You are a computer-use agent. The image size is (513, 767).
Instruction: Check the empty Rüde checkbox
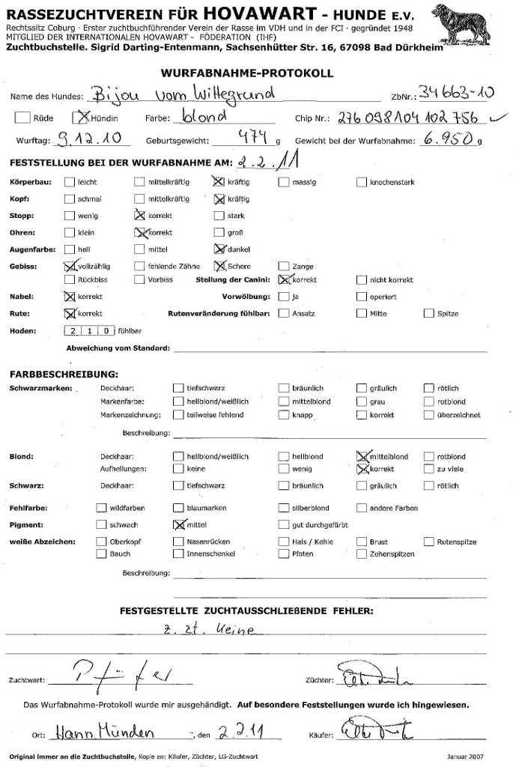click(x=22, y=118)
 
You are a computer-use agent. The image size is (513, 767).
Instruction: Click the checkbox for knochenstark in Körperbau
click(x=362, y=182)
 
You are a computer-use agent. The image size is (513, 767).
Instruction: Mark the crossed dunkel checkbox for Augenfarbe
click(x=219, y=249)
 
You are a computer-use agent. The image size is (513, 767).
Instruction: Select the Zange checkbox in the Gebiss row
click(x=284, y=266)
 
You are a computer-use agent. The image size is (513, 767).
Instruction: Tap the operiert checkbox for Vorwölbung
click(x=362, y=297)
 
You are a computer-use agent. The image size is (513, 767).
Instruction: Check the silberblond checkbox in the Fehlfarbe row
click(x=284, y=508)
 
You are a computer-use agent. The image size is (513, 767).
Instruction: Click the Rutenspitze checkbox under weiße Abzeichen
click(x=430, y=541)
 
